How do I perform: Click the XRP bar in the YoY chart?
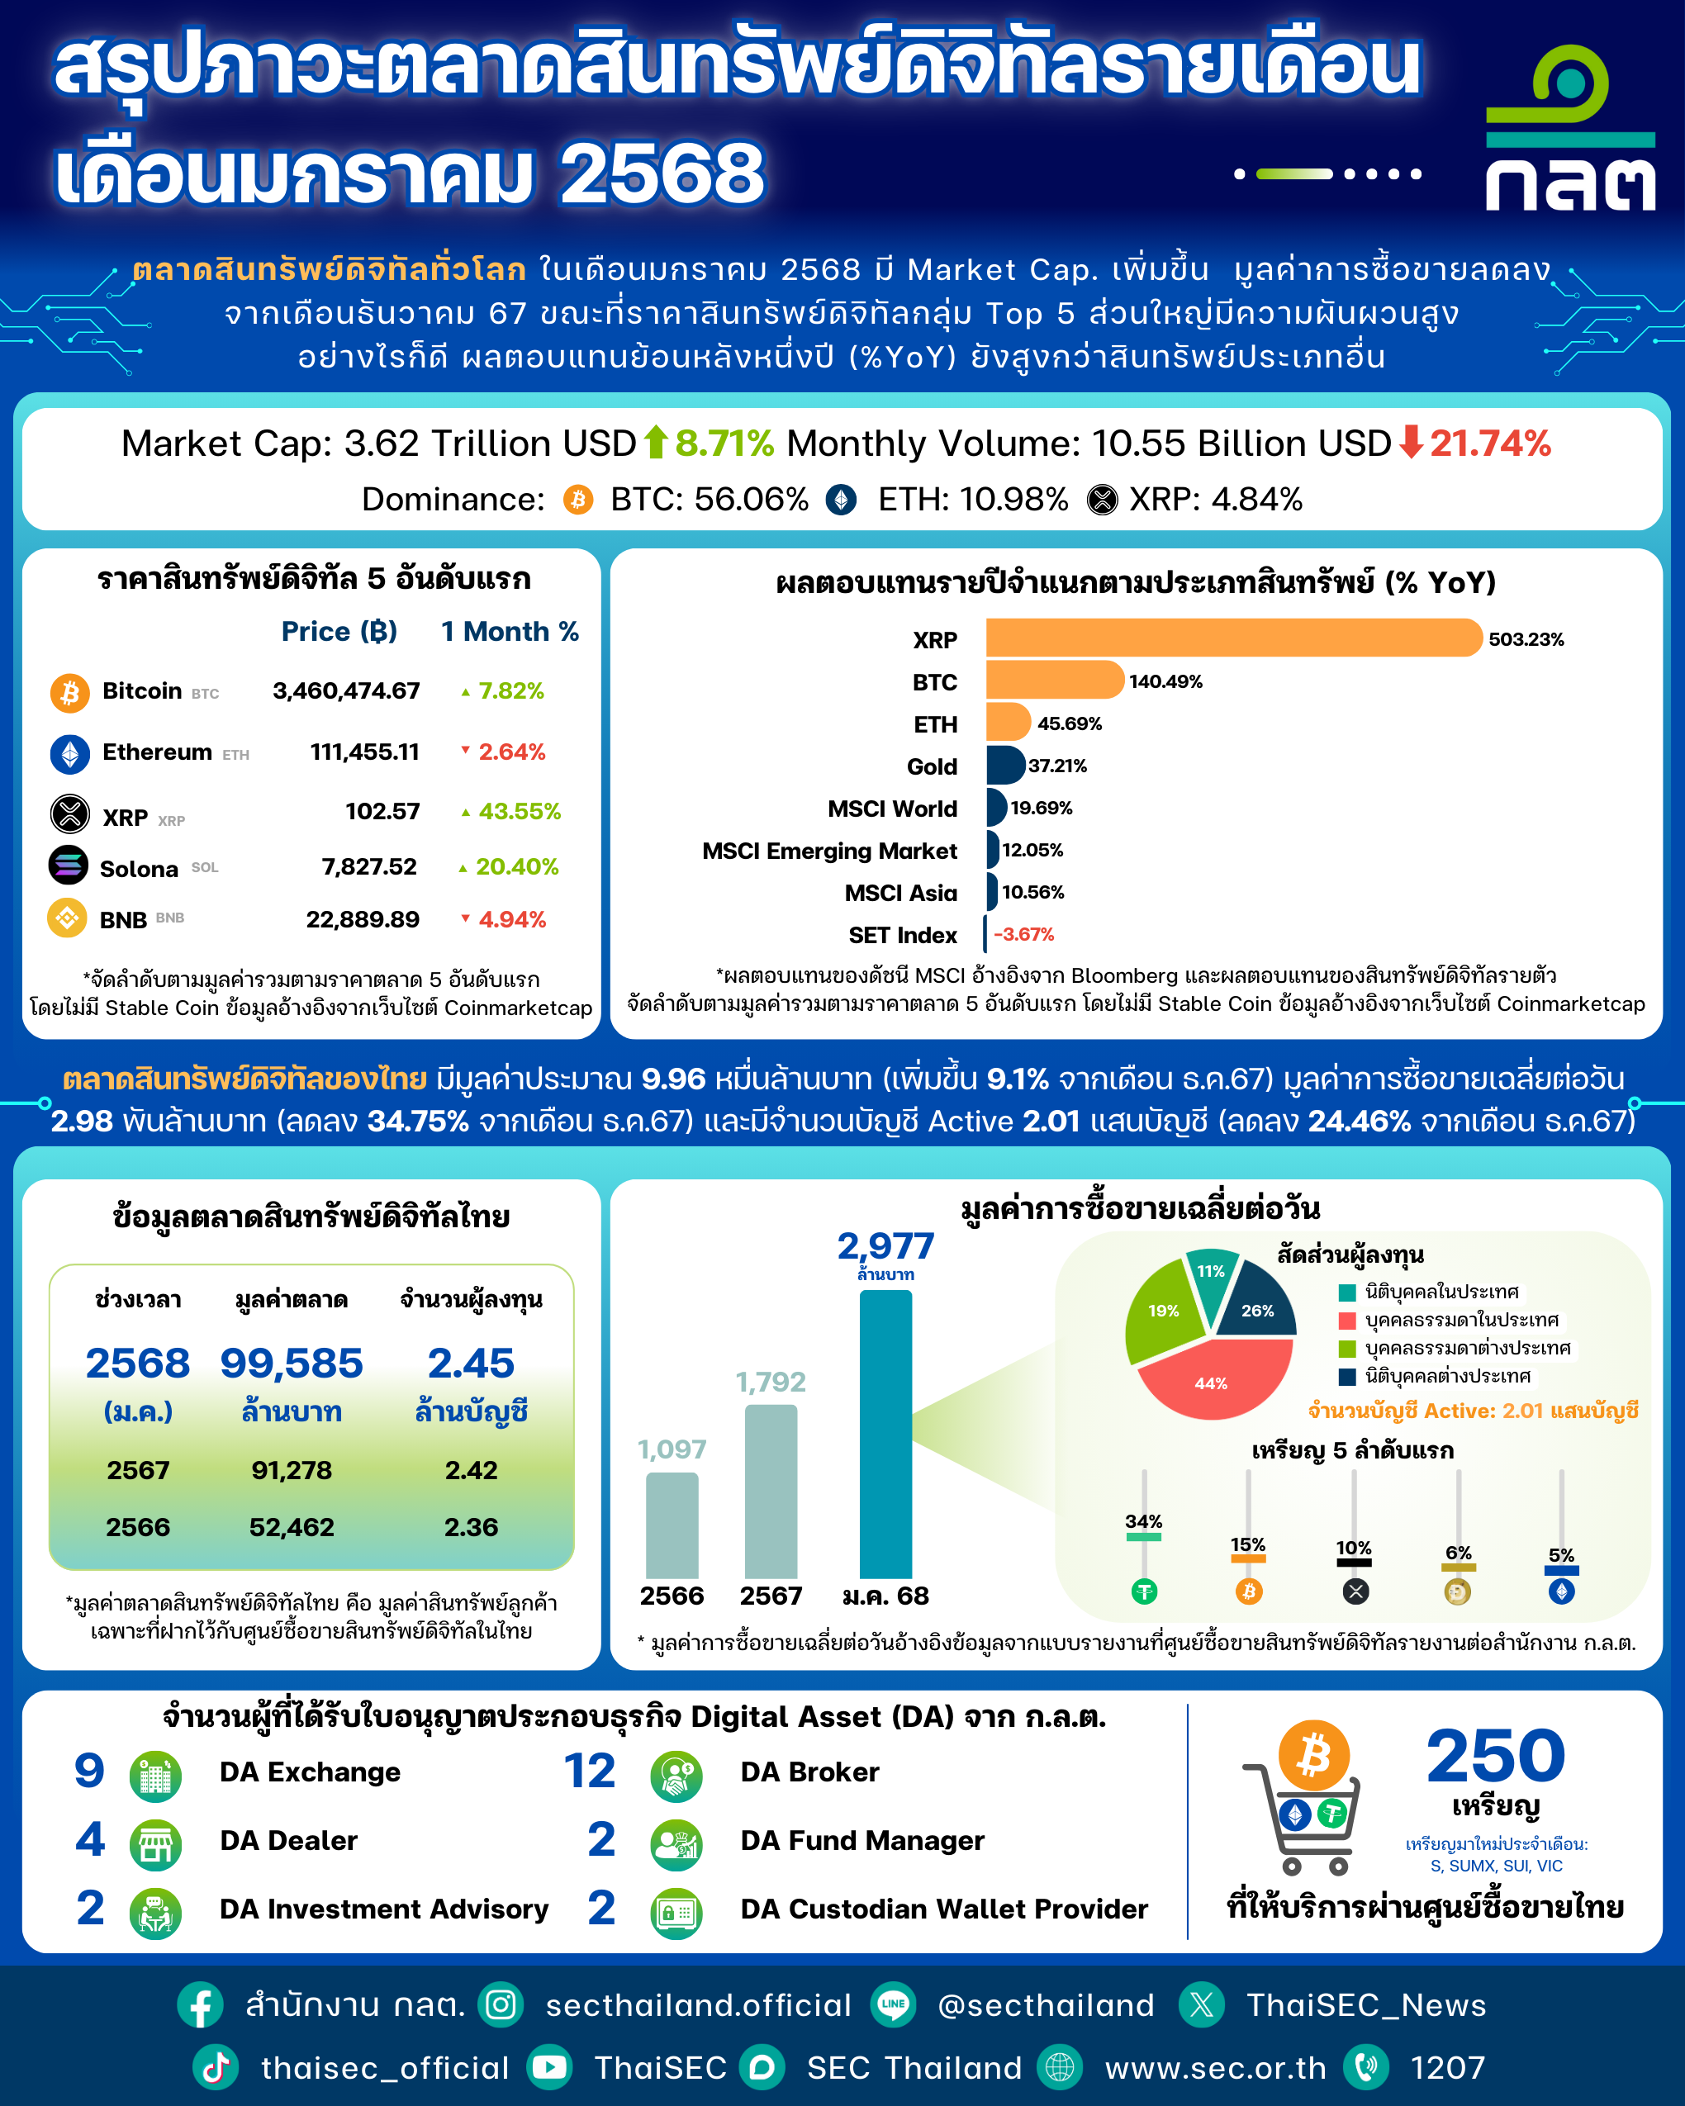click(x=1234, y=638)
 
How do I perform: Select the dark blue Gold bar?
click(x=1005, y=765)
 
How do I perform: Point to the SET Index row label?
click(x=903, y=935)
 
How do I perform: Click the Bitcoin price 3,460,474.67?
click(x=346, y=690)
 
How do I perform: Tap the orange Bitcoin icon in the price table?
click(x=69, y=693)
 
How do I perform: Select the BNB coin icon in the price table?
click(x=68, y=918)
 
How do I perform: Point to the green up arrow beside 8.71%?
click(x=656, y=443)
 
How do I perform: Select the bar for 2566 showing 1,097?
click(x=672, y=1525)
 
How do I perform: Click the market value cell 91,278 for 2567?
click(x=291, y=1470)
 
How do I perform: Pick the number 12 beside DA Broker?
click(x=590, y=1771)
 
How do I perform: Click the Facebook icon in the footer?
click(x=200, y=2005)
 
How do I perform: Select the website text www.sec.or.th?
click(x=1215, y=2068)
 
